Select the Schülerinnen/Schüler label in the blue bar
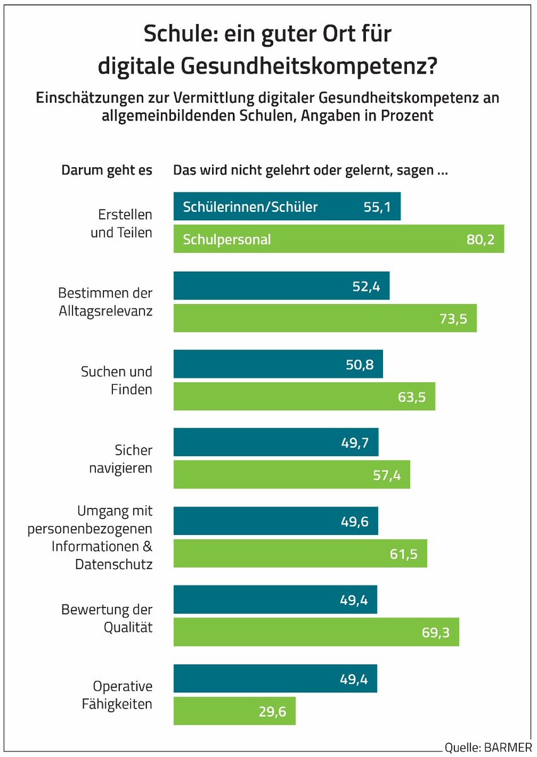pyautogui.click(x=250, y=206)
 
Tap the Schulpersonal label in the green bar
pyautogui.click(x=227, y=239)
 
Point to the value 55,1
pyautogui.click(x=377, y=206)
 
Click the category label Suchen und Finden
pyautogui.click(x=116, y=380)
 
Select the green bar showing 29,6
pyautogui.click(x=234, y=711)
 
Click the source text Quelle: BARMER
pyautogui.click(x=488, y=748)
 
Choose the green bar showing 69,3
pyautogui.click(x=316, y=632)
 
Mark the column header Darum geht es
pyautogui.click(x=107, y=170)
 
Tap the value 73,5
pyautogui.click(x=453, y=318)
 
